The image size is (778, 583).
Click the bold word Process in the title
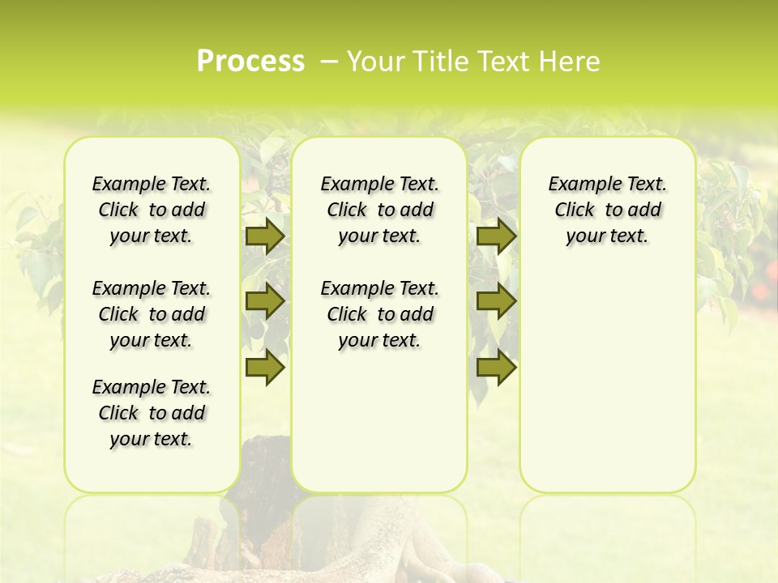point(250,62)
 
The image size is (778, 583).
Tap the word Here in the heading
point(571,62)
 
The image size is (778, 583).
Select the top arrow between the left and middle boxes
point(265,236)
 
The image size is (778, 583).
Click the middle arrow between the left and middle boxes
point(265,302)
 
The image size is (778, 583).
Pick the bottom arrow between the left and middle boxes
point(265,368)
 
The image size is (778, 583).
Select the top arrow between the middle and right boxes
point(496,236)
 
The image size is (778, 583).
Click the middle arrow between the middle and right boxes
point(496,302)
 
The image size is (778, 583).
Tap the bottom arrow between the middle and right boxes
point(496,368)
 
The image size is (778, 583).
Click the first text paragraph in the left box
point(152,210)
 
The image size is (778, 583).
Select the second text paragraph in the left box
point(152,314)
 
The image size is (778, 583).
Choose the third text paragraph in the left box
point(152,413)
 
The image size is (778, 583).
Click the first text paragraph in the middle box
point(379,210)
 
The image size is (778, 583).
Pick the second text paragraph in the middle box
point(379,314)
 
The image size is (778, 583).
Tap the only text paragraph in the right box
point(607,210)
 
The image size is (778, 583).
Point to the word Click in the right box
point(575,211)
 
